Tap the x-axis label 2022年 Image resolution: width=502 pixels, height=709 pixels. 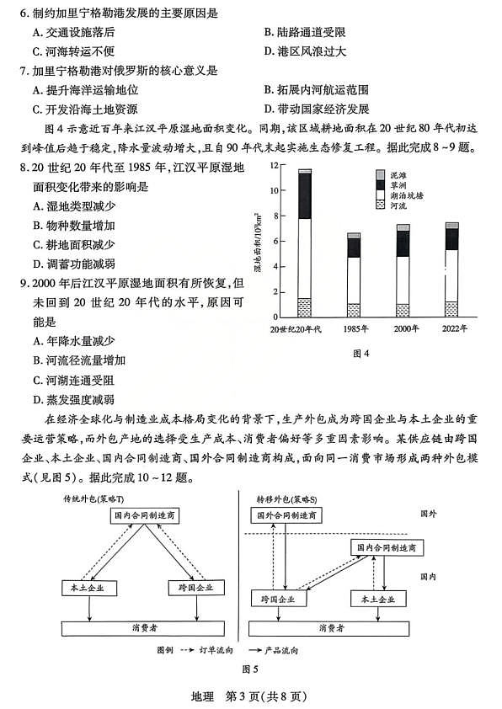pos(451,328)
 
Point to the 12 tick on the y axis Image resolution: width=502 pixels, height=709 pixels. pos(274,165)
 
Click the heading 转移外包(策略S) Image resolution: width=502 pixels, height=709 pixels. pos(286,498)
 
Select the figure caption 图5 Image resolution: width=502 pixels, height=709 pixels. pos(248,669)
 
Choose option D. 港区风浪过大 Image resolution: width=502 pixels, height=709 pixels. pos(305,51)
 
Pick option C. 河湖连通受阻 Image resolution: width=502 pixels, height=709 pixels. pos(73,381)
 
